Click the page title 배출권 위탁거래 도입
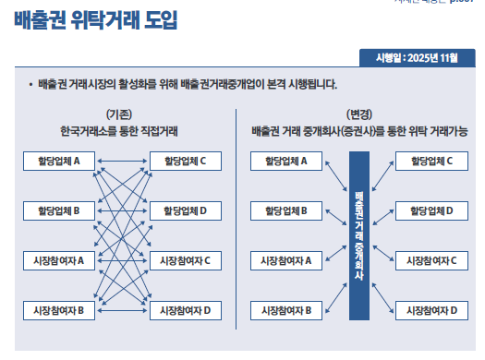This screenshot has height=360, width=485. click(96, 19)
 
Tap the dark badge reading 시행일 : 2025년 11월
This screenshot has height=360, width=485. click(417, 59)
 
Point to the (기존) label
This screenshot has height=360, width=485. click(119, 114)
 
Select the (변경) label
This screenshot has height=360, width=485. click(358, 114)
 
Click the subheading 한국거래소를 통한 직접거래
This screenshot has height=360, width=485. click(120, 131)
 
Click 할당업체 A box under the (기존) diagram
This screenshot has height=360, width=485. click(59, 162)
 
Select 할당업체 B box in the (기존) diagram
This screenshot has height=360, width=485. click(59, 210)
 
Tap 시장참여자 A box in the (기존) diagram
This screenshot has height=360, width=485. click(59, 260)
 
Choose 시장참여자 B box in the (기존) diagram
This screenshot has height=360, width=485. click(59, 309)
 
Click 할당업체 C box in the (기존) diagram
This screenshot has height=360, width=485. click(185, 162)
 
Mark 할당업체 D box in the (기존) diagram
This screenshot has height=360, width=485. click(185, 210)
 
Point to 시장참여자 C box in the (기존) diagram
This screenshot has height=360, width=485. click(185, 260)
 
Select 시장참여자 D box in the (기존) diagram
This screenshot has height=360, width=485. click(185, 309)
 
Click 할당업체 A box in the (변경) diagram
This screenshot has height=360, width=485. click(285, 162)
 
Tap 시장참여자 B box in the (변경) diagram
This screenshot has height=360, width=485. click(285, 309)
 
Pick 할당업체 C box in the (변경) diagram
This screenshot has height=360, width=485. click(431, 162)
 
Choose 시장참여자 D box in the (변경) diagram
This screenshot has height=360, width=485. click(431, 309)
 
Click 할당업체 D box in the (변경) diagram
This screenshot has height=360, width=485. click(431, 210)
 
